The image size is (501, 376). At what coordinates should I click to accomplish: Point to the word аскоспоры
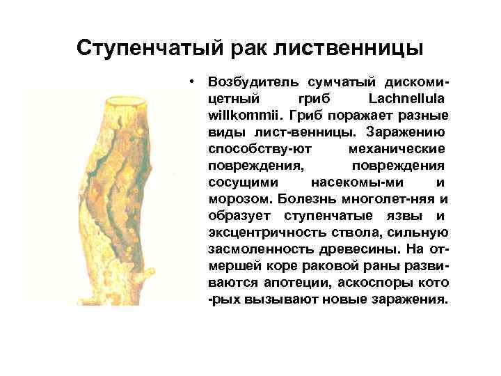[x=381, y=283]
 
